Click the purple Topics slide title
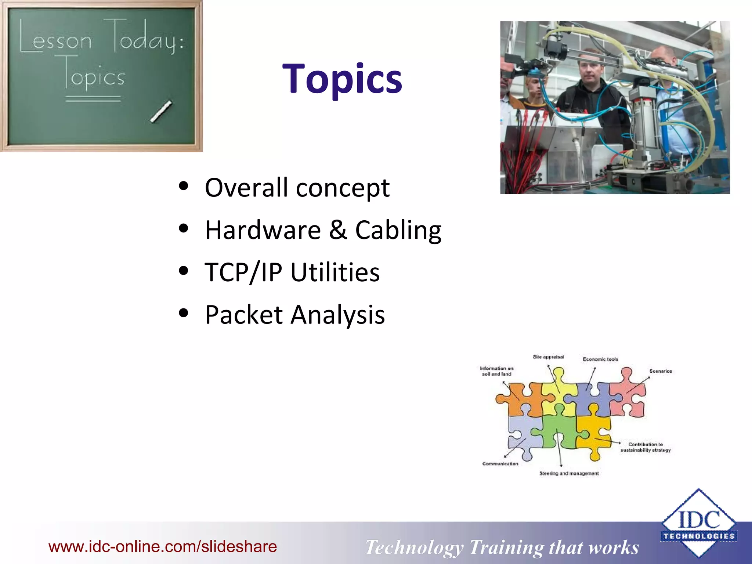point(342,79)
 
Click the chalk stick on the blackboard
point(161,111)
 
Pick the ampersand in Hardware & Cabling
point(338,230)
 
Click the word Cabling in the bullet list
point(398,231)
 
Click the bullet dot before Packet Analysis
point(183,313)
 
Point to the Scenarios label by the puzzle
point(661,371)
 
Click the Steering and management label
point(569,473)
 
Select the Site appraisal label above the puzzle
point(548,357)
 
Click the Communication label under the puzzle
point(500,464)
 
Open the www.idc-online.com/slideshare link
point(163,546)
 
